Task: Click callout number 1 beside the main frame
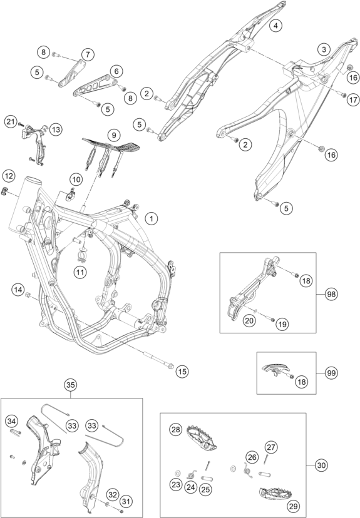tap(152, 218)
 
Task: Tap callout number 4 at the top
tap(275, 26)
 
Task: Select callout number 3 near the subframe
tap(324, 49)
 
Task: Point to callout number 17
tap(353, 99)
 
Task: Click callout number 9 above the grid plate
tap(114, 135)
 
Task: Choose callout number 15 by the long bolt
tap(182, 372)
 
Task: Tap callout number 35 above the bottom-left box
tap(70, 385)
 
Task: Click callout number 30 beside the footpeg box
tap(321, 465)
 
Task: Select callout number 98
tap(331, 293)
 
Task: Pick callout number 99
tap(331, 373)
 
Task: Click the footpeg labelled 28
tap(202, 439)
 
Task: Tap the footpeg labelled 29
tap(275, 494)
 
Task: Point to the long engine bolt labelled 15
tap(158, 359)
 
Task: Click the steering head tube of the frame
tap(26, 203)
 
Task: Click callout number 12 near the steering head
tap(9, 176)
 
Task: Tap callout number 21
tap(11, 122)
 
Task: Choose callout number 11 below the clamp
tap(80, 272)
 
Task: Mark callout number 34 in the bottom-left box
tap(11, 421)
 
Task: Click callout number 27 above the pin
tap(271, 447)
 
